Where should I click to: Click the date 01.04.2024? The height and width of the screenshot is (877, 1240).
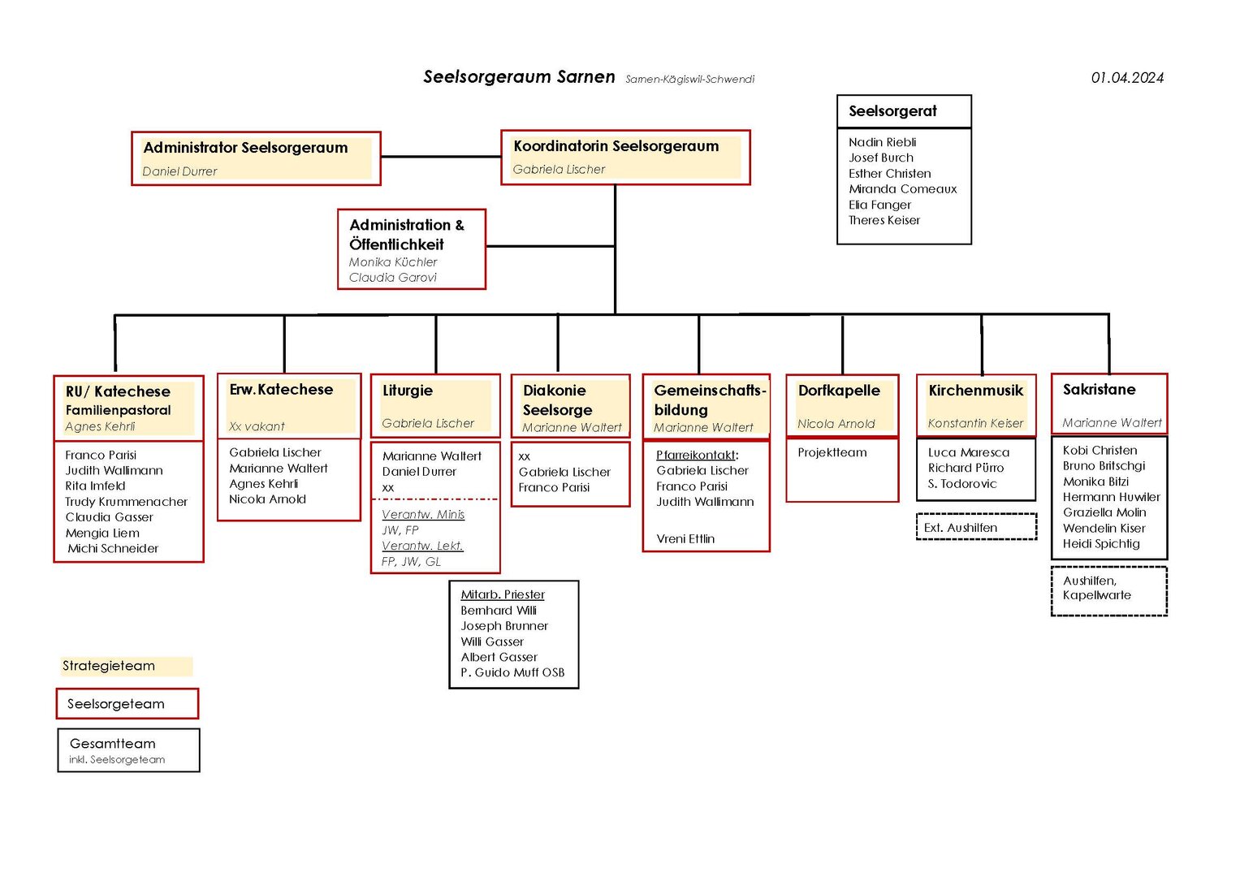tap(1127, 77)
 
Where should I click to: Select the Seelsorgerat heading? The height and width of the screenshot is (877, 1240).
tap(892, 110)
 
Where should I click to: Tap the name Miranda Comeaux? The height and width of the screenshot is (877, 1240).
tap(902, 188)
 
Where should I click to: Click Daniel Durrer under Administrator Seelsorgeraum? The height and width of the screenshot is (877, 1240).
tap(179, 171)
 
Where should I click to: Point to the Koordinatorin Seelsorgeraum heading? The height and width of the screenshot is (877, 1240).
tap(616, 146)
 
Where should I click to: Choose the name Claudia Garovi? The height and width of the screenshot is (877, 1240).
tap(392, 278)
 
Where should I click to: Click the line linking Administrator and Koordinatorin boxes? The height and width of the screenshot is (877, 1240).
tap(441, 157)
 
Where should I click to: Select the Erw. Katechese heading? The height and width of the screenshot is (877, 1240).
tap(281, 389)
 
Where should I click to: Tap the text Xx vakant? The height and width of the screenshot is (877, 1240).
tap(257, 426)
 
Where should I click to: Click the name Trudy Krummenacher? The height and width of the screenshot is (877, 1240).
tap(126, 502)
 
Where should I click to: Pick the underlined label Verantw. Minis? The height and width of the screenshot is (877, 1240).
tap(423, 514)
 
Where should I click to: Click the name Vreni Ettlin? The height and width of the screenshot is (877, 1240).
tap(685, 538)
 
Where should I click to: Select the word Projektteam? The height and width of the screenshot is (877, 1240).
tap(832, 452)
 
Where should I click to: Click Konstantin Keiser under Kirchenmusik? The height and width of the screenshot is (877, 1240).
tap(975, 424)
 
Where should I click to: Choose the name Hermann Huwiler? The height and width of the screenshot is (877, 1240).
tap(1111, 497)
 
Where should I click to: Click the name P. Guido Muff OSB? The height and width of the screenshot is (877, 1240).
tap(512, 672)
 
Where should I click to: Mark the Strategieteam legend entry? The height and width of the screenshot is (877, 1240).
tap(126, 666)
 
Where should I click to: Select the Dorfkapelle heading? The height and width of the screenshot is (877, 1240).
tap(839, 391)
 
